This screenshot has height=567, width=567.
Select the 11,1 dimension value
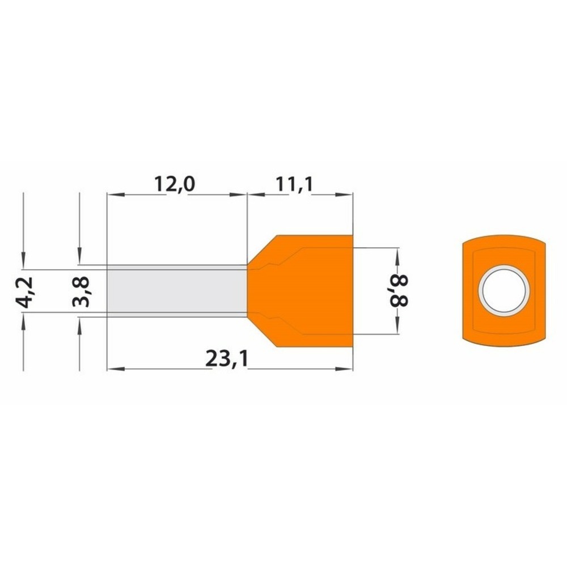[x=294, y=184]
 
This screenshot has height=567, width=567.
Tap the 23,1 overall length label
[x=227, y=359]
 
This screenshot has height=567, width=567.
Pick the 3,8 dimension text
[x=81, y=292]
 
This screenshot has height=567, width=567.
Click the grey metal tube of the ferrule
[x=177, y=291]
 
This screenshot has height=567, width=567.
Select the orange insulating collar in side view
[x=300, y=291]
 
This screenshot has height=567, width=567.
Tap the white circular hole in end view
[x=504, y=291]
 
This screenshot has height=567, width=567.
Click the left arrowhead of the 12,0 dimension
[x=116, y=195]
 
